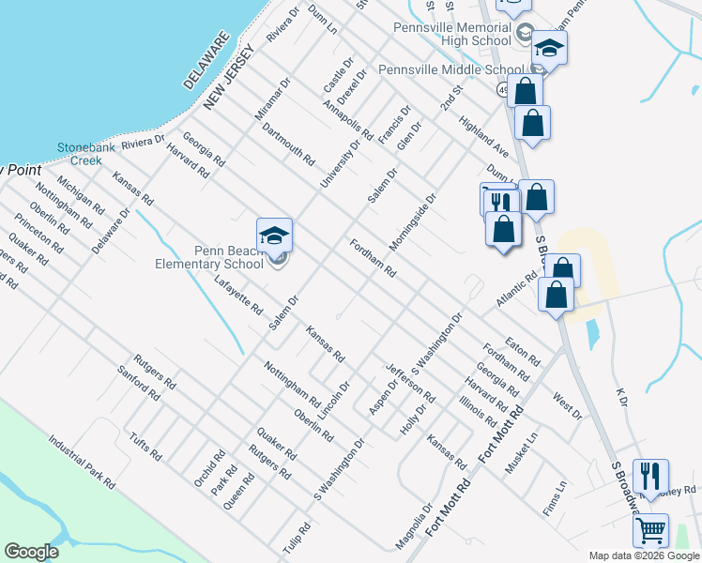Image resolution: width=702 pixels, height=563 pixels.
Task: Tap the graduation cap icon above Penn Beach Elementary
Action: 274,236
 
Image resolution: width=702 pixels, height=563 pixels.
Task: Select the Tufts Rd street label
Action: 146,445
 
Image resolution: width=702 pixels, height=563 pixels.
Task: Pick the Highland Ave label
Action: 483,137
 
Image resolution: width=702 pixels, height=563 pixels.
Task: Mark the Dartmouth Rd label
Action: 288,144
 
